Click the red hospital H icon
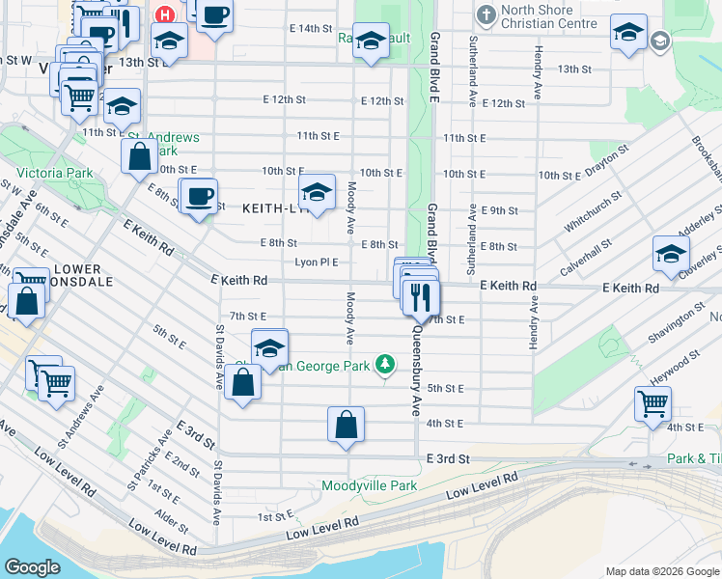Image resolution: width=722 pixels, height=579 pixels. [165, 15]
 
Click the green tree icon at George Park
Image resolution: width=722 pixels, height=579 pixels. [385, 364]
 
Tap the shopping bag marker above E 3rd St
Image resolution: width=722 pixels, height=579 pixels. [346, 425]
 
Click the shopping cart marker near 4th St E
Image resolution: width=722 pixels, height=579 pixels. [653, 402]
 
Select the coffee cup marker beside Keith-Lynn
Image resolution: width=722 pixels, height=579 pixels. [199, 197]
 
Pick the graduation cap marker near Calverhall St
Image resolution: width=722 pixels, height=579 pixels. [671, 255]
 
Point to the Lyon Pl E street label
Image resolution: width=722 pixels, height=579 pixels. [317, 262]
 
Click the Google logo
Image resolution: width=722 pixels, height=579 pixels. [32, 567]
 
